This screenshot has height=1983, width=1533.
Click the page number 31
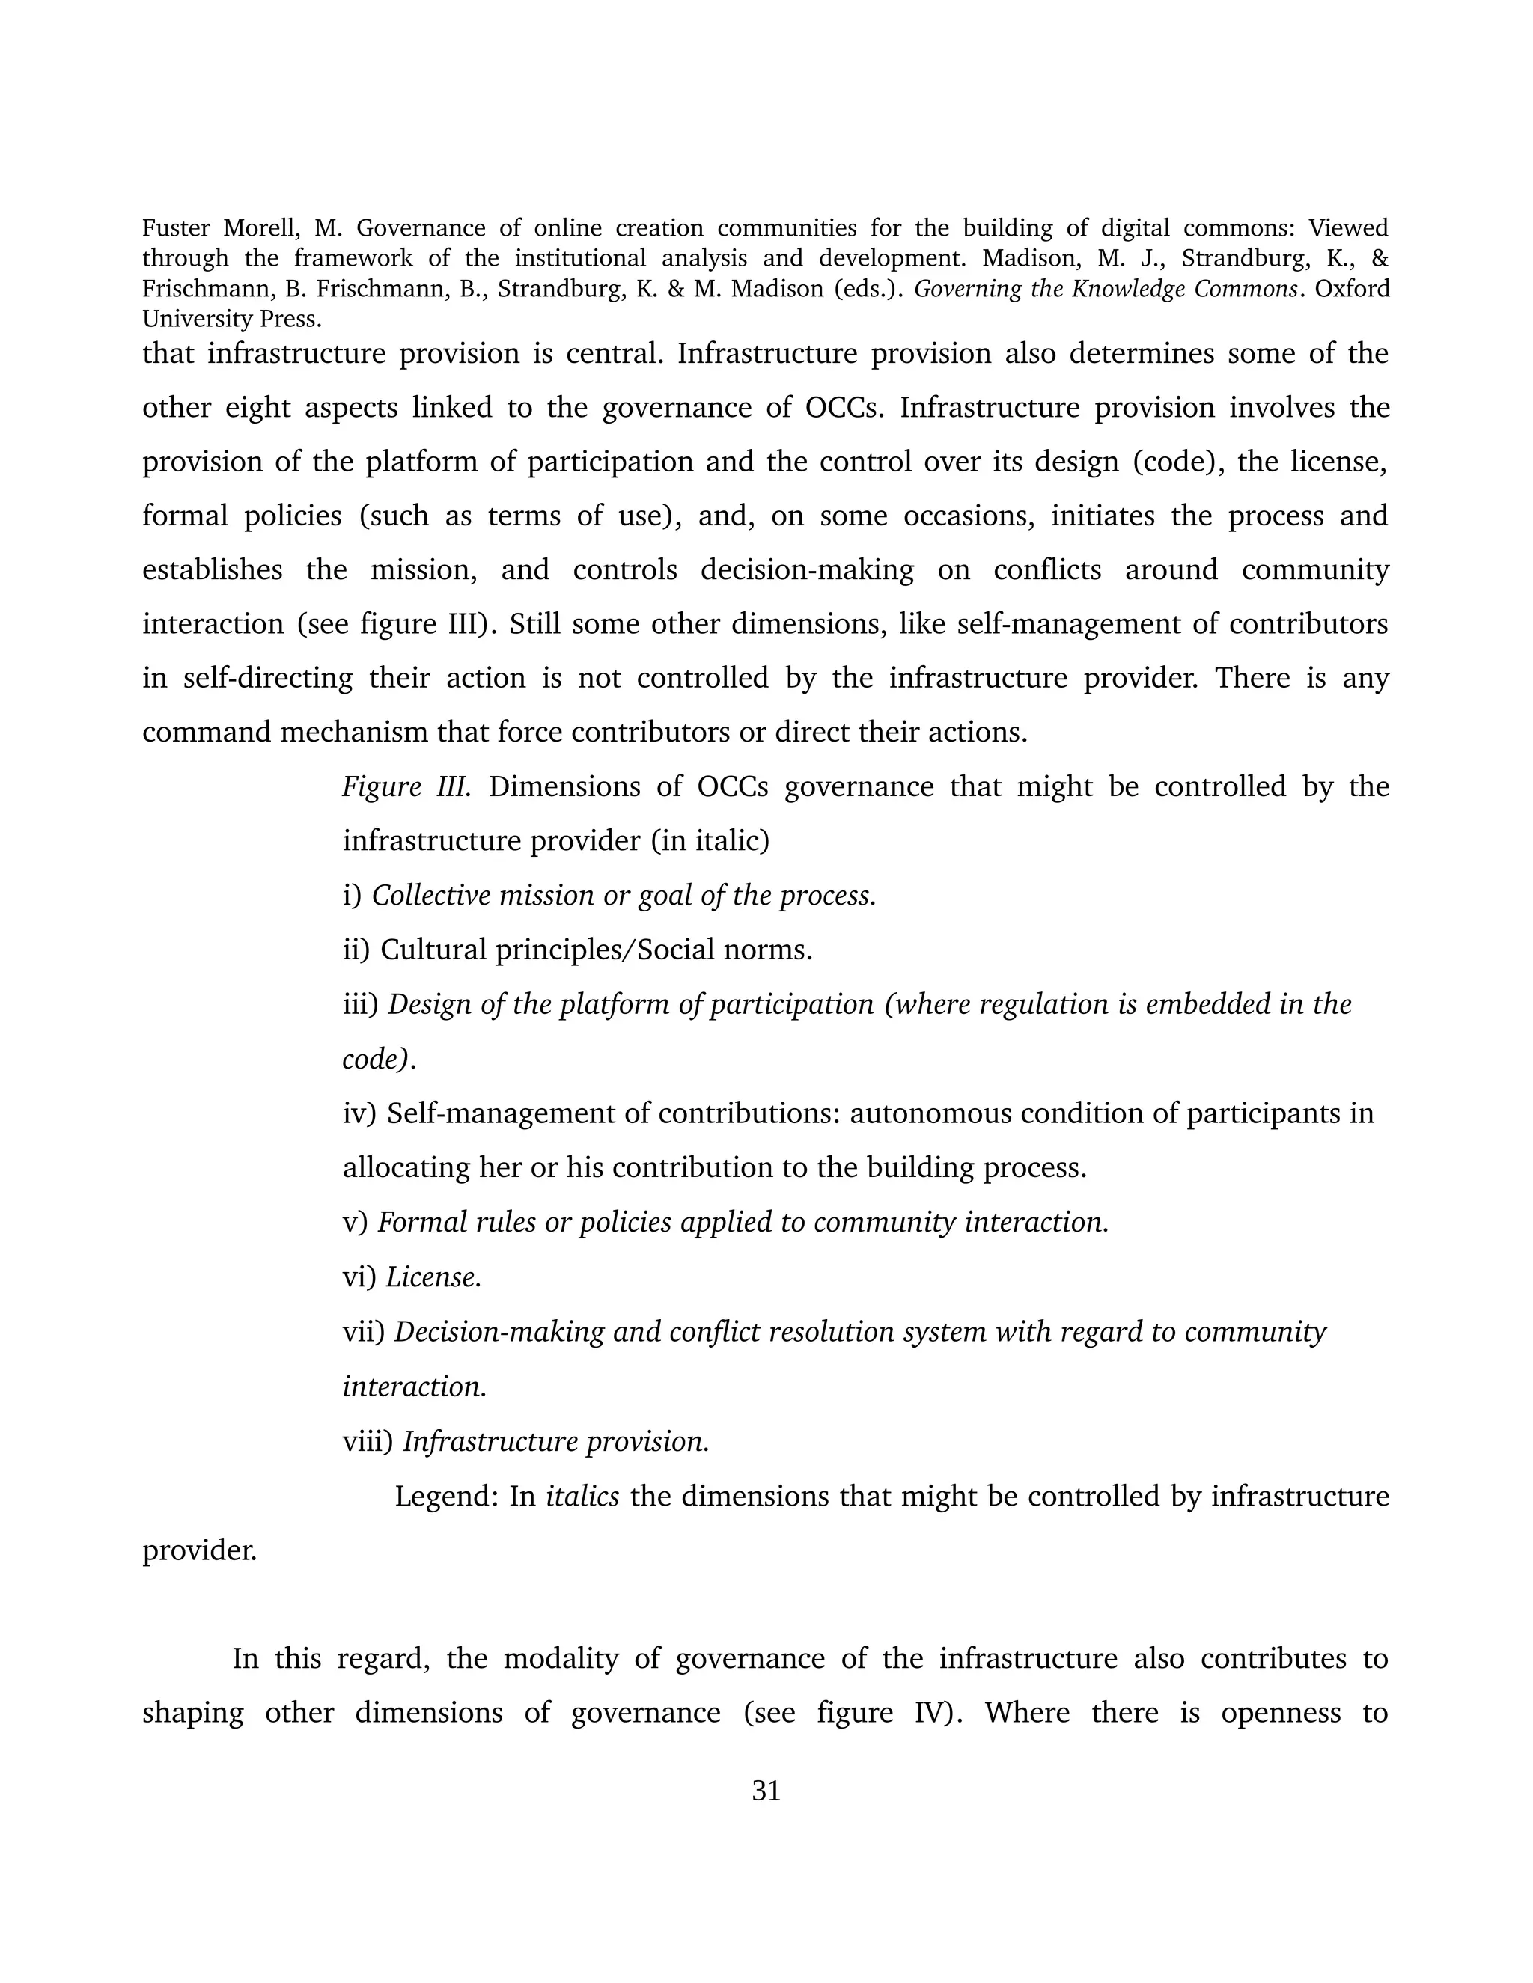[766, 1791]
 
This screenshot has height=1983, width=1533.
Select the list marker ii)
[356, 950]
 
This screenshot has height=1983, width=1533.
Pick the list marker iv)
[359, 1113]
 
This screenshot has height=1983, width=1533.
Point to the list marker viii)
[368, 1442]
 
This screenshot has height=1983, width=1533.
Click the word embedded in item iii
[1208, 1004]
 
